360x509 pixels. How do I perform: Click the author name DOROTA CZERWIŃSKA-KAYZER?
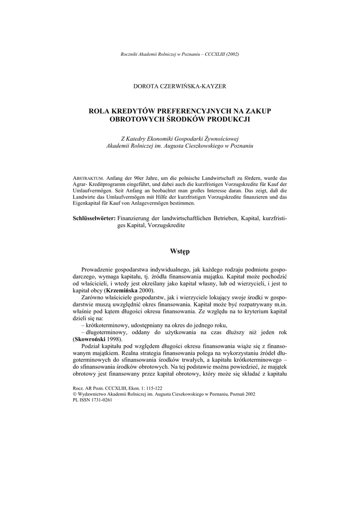180,86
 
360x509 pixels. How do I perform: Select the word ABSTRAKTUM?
88,177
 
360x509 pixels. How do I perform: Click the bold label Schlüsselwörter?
94,218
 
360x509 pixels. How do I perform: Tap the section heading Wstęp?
180,252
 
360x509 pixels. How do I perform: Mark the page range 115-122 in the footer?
151,387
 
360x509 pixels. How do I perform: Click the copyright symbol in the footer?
75,393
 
